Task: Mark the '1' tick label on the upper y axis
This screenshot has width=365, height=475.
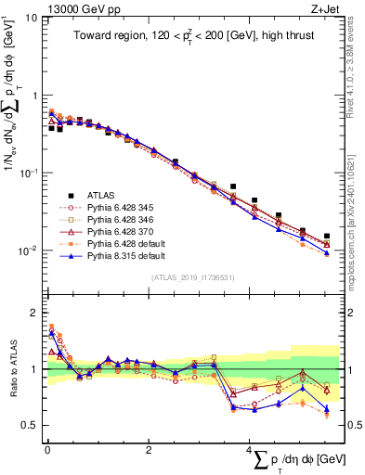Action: [34, 96]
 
